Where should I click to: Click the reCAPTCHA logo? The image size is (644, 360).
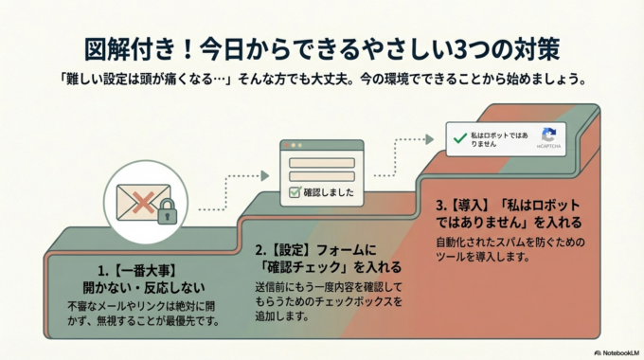547,135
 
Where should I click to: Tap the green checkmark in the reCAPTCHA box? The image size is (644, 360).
460,138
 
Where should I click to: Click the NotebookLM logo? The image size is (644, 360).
612,351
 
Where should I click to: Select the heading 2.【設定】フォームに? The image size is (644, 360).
315,249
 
